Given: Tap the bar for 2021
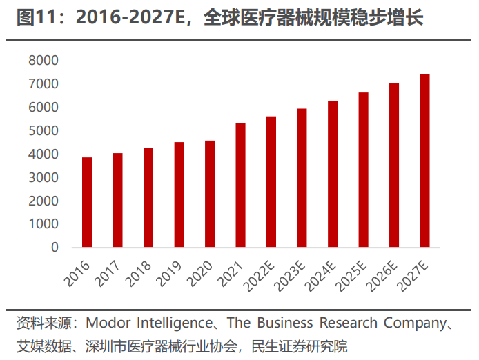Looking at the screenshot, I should click(x=240, y=185).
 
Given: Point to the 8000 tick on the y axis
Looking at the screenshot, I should click(x=44, y=61).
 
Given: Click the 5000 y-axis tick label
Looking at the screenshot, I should click(x=44, y=131).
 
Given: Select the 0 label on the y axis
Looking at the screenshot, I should click(x=55, y=248).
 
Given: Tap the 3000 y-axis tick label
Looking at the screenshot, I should click(x=44, y=178).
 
